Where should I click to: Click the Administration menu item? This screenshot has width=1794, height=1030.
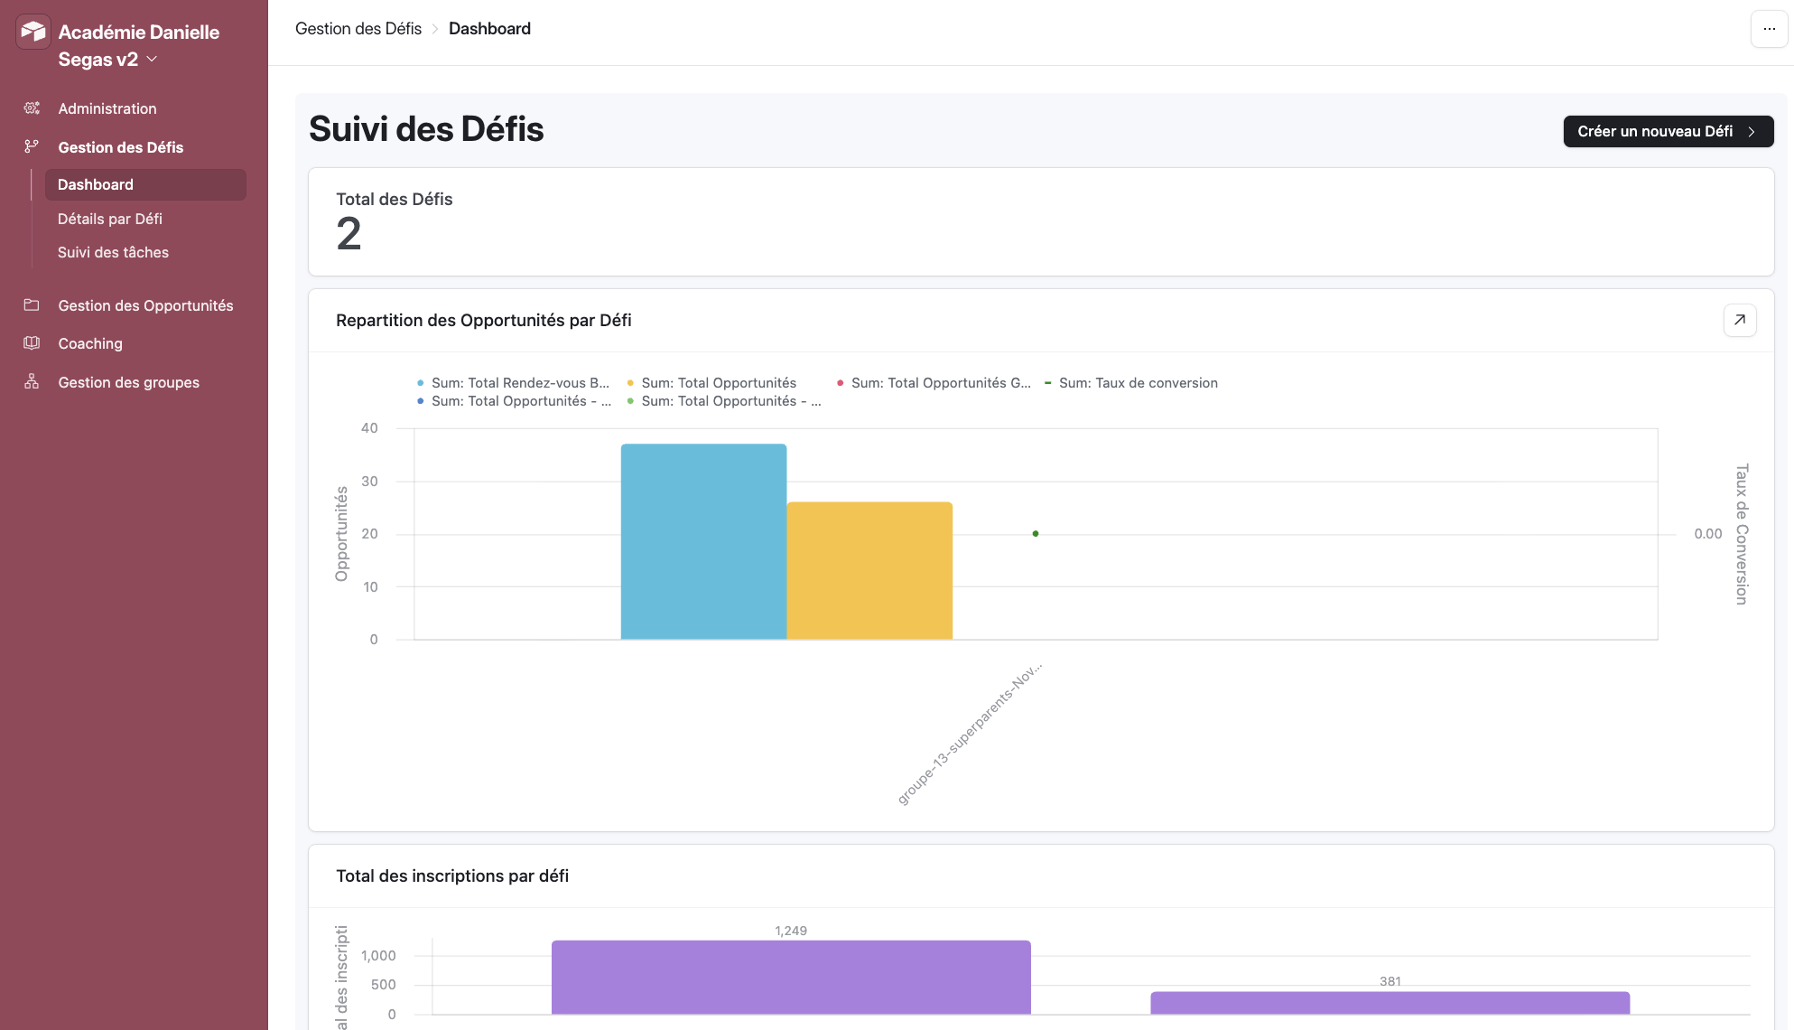(107, 108)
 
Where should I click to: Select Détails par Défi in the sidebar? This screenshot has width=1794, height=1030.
(110, 219)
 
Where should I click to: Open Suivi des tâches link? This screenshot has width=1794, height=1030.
(113, 252)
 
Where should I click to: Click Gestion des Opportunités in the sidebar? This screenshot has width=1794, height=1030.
(145, 305)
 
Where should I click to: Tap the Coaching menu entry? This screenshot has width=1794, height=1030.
(90, 343)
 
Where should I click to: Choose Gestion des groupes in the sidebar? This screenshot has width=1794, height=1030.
(128, 382)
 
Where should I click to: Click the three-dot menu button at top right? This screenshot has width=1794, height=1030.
(1769, 29)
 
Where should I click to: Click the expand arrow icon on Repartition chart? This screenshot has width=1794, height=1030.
(1739, 320)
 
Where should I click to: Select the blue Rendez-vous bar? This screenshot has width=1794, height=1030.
(703, 542)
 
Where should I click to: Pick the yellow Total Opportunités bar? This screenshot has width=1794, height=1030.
(869, 571)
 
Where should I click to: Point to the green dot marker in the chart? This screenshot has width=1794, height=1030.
(1036, 534)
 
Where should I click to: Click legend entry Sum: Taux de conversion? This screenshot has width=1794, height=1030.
(1138, 383)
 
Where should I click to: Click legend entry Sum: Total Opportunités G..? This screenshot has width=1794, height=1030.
(940, 383)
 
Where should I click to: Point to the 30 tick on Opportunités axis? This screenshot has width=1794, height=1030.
(369, 482)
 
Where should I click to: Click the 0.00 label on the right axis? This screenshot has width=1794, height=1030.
(1707, 534)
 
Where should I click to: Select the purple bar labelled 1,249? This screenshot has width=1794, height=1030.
(791, 977)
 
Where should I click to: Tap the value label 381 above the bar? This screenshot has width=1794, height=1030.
(1390, 981)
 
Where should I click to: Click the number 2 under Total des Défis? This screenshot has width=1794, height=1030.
(349, 235)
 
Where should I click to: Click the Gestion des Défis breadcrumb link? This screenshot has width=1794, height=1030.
(358, 29)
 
